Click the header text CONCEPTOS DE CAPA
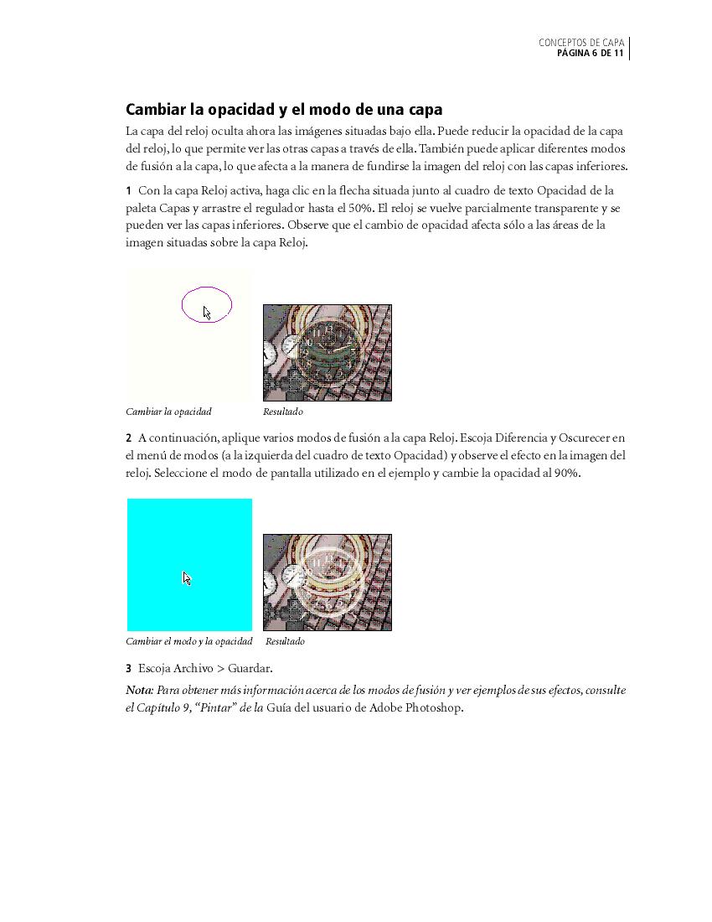pos(580,43)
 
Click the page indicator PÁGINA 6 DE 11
pos(590,54)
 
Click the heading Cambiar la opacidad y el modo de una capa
pos(284,110)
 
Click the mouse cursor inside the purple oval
pos(207,313)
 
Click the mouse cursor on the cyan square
pos(187,578)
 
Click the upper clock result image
pos(327,352)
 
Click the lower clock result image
pos(327,582)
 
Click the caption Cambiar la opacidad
pos(168,412)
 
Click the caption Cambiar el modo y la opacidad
pos(188,641)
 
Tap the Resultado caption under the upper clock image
pos(283,412)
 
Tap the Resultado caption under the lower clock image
pos(285,641)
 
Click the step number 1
pos(129,191)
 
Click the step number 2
pos(129,438)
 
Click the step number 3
pos(129,669)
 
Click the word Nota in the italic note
pos(139,691)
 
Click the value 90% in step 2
pos(566,473)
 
